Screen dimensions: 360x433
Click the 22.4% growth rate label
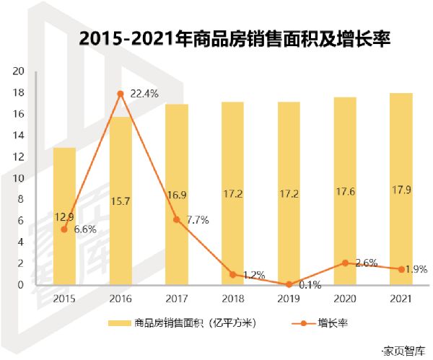point(145,94)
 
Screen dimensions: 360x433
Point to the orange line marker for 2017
point(177,219)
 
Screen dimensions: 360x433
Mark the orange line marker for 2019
point(289,284)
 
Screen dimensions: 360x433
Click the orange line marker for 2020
point(345,263)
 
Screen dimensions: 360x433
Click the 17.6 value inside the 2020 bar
point(345,193)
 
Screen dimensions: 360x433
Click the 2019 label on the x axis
point(289,299)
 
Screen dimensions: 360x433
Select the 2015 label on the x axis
point(64,299)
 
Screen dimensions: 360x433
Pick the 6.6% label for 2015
point(84,229)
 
